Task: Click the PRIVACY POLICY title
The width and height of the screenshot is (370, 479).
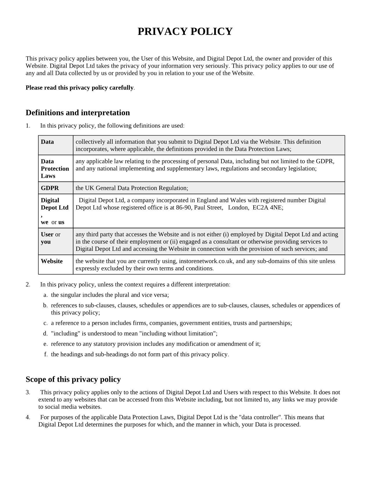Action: coord(185,31)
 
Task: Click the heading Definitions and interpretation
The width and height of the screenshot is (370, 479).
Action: coord(77,113)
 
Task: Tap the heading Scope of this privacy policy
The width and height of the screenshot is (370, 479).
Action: coord(73,379)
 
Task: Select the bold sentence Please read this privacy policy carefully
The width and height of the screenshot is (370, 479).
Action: coord(80,88)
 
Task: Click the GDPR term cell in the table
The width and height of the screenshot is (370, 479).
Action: coord(50,188)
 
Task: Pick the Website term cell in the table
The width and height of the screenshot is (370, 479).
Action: coord(52,261)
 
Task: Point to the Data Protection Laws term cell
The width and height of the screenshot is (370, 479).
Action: coord(55,169)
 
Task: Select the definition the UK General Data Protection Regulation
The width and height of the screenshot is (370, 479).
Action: coord(132,188)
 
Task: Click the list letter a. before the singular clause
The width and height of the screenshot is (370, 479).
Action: coord(46,295)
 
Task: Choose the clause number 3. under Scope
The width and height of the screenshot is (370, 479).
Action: coord(28,392)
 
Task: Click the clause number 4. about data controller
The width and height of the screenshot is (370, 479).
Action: coord(28,417)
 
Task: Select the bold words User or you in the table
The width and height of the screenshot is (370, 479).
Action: coord(50,238)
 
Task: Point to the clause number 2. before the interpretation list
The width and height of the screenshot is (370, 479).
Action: coord(28,284)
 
